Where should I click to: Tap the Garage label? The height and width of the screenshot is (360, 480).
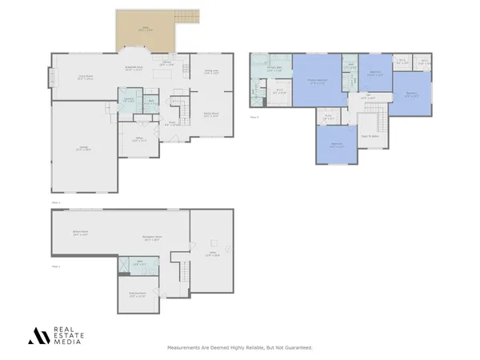click(x=84, y=148)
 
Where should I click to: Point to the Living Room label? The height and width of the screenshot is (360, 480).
click(x=86, y=78)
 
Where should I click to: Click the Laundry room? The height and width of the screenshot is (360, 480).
click(x=127, y=100)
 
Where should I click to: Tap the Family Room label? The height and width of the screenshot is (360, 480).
click(x=211, y=114)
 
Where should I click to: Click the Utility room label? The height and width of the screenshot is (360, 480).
click(x=214, y=254)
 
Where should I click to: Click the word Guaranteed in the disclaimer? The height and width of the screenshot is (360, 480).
click(x=297, y=348)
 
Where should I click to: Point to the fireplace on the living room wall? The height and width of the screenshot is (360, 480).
click(x=53, y=78)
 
